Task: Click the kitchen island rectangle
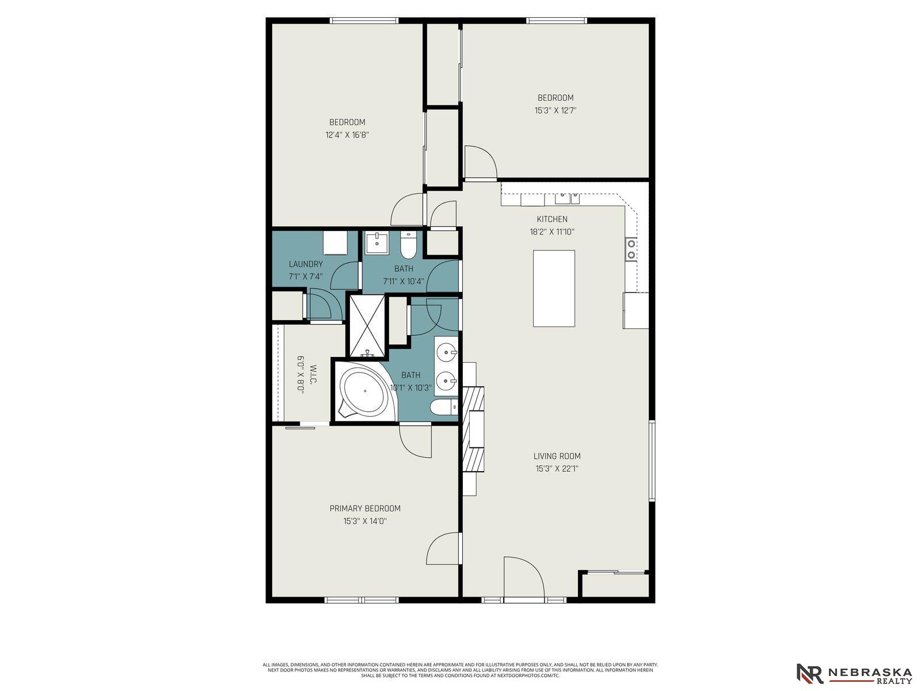554,288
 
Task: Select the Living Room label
557,456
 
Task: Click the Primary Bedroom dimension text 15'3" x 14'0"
364,521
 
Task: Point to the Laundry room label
306,264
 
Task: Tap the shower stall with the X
367,326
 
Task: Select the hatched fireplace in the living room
473,429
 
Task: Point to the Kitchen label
552,219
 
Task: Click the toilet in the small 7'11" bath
408,245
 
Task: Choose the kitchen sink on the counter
568,198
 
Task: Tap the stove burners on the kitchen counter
631,249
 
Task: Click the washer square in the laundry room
335,243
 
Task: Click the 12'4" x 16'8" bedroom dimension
347,135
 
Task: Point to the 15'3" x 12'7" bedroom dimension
555,111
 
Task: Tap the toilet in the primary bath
444,407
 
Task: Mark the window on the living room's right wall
652,461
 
